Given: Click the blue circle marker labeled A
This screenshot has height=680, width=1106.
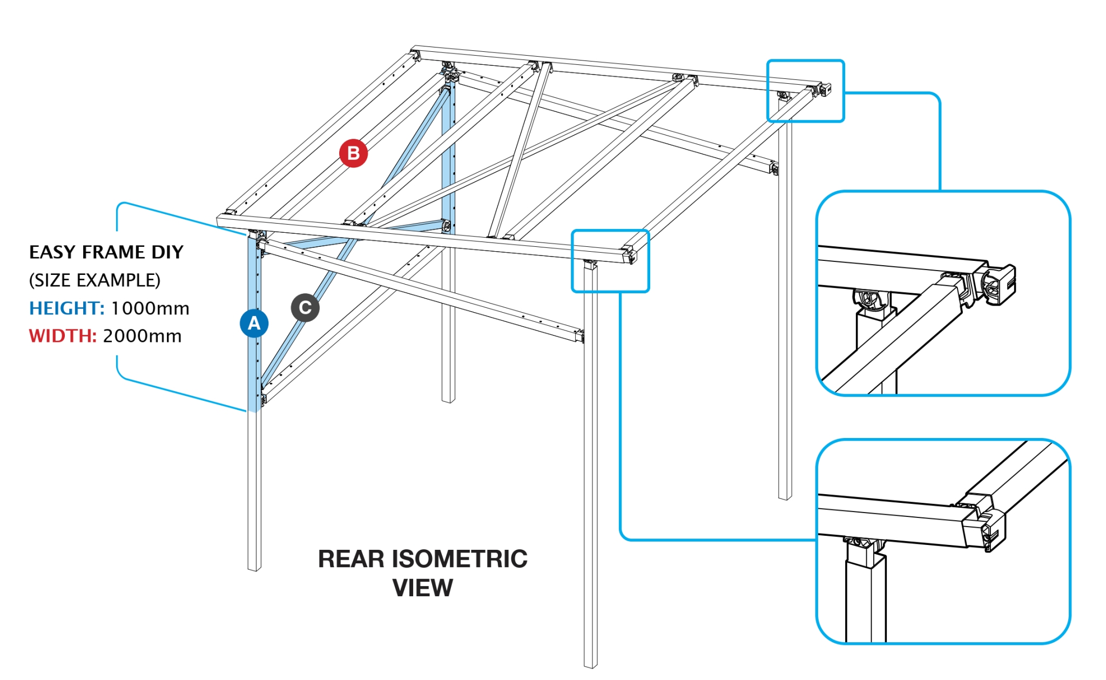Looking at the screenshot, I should (254, 323).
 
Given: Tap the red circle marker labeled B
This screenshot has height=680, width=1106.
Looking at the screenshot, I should (353, 153).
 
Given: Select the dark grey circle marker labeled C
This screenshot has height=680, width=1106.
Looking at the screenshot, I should (305, 307).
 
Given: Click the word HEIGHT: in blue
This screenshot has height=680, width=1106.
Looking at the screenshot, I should (66, 308).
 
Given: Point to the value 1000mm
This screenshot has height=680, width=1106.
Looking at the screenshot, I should (150, 308).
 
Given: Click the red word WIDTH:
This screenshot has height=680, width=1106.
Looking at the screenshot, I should (62, 335).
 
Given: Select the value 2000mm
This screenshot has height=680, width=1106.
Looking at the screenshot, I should (142, 335).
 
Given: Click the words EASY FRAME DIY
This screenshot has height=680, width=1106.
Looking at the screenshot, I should (106, 252).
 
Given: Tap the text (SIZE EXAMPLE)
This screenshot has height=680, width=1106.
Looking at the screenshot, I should (95, 280).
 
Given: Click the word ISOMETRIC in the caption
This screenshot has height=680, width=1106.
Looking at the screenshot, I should (459, 558).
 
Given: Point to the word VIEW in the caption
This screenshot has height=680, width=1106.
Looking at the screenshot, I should (422, 588).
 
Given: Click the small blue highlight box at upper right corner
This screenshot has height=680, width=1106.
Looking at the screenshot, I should (805, 91).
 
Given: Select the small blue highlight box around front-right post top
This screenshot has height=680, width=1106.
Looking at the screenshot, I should (610, 261).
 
